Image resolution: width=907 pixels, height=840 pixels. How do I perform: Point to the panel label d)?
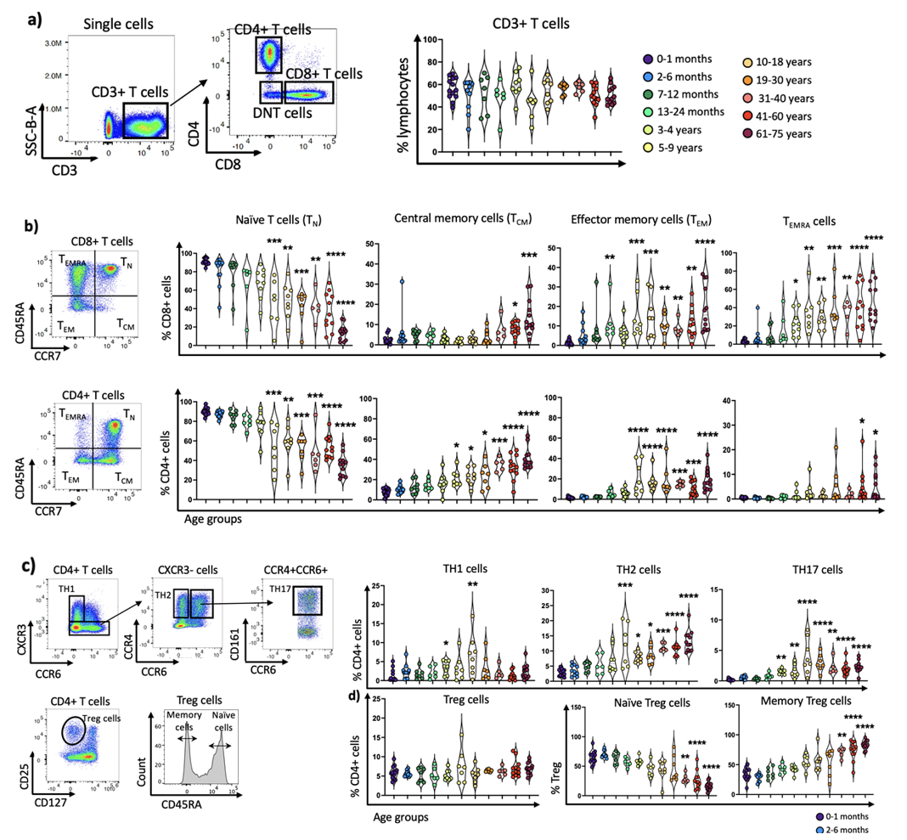point(363,700)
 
